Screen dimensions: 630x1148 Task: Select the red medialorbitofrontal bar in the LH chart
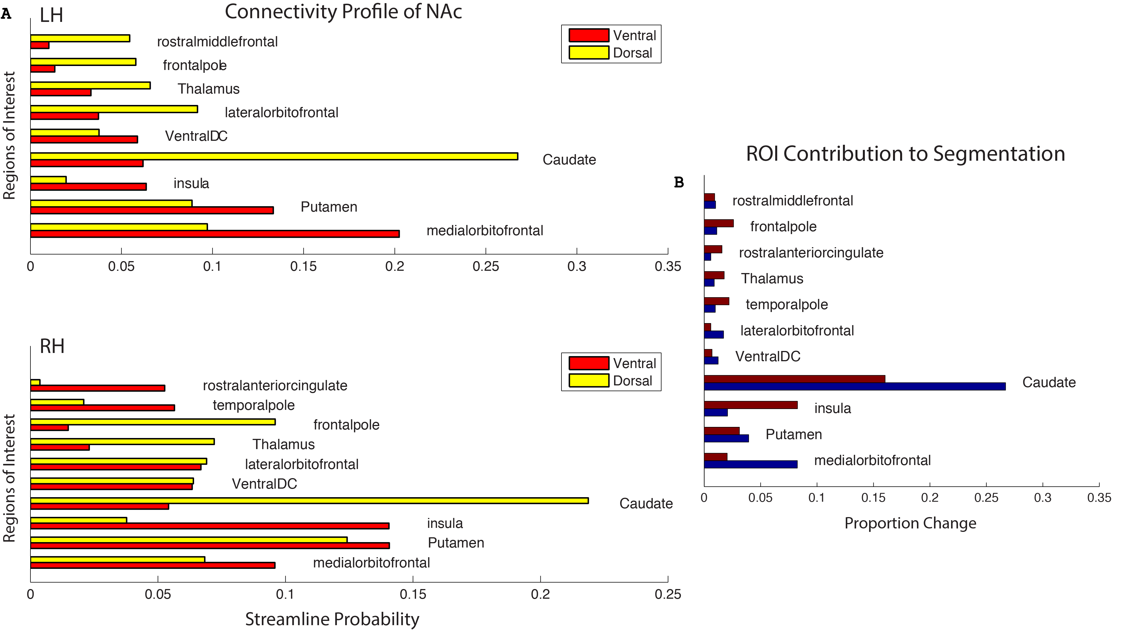[215, 234]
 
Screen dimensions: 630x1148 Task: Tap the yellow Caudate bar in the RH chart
[309, 500]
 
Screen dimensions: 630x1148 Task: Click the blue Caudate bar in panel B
[854, 386]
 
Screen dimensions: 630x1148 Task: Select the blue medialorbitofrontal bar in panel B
[750, 464]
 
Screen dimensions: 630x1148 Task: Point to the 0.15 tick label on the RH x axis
[413, 594]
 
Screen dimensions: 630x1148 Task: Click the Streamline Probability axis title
[332, 619]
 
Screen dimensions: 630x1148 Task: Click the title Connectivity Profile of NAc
[343, 12]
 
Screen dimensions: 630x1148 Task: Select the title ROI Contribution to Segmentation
[905, 154]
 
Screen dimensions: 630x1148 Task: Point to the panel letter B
[679, 182]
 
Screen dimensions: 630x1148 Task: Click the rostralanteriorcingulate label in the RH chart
[275, 385]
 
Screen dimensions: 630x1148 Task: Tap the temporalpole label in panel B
[787, 304]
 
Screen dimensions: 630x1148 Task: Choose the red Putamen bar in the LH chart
[152, 210]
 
